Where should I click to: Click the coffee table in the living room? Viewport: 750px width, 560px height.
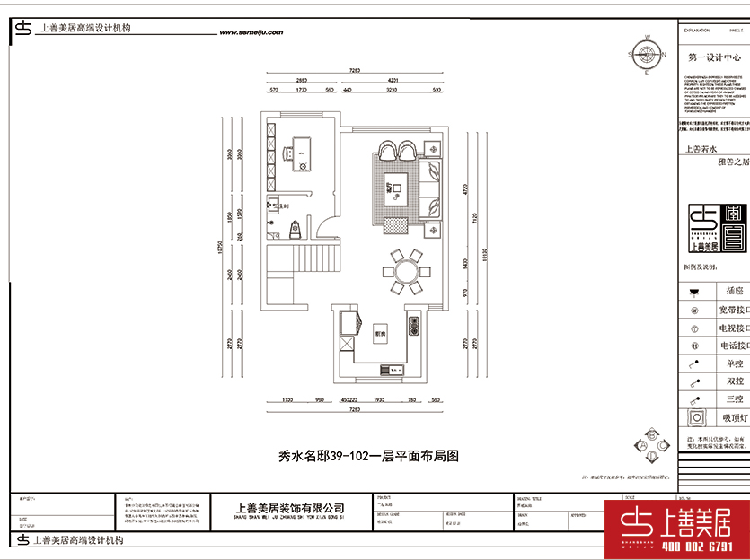tap(395, 188)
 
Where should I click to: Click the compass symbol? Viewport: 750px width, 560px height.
tap(646, 55)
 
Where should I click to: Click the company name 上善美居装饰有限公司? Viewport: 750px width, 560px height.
tap(288, 508)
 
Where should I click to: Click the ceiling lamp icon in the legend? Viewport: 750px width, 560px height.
tap(694, 417)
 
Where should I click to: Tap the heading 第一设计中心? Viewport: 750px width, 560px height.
tap(715, 56)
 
